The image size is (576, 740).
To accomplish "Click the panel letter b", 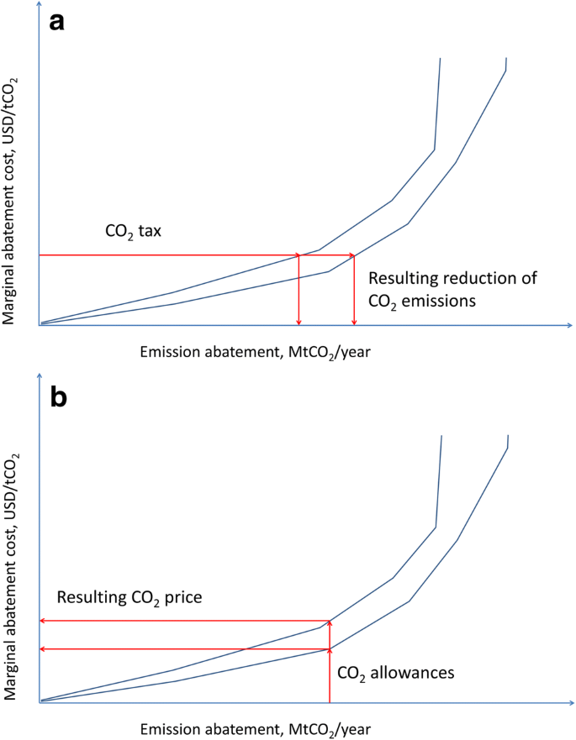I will point(60,397).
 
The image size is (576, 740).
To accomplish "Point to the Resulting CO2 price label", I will point(135,598).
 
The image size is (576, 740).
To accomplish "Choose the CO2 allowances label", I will point(395,672).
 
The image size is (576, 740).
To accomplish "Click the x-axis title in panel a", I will point(255,353).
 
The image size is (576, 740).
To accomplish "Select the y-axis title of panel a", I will point(14,199).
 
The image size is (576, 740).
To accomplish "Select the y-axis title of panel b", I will point(14,575).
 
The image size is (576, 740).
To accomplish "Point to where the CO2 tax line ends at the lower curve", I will point(354,255).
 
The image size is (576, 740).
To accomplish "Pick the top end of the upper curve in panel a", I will point(441,58).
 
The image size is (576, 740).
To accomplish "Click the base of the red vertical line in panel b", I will point(330,701).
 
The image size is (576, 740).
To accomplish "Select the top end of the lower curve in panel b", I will point(508,435).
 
